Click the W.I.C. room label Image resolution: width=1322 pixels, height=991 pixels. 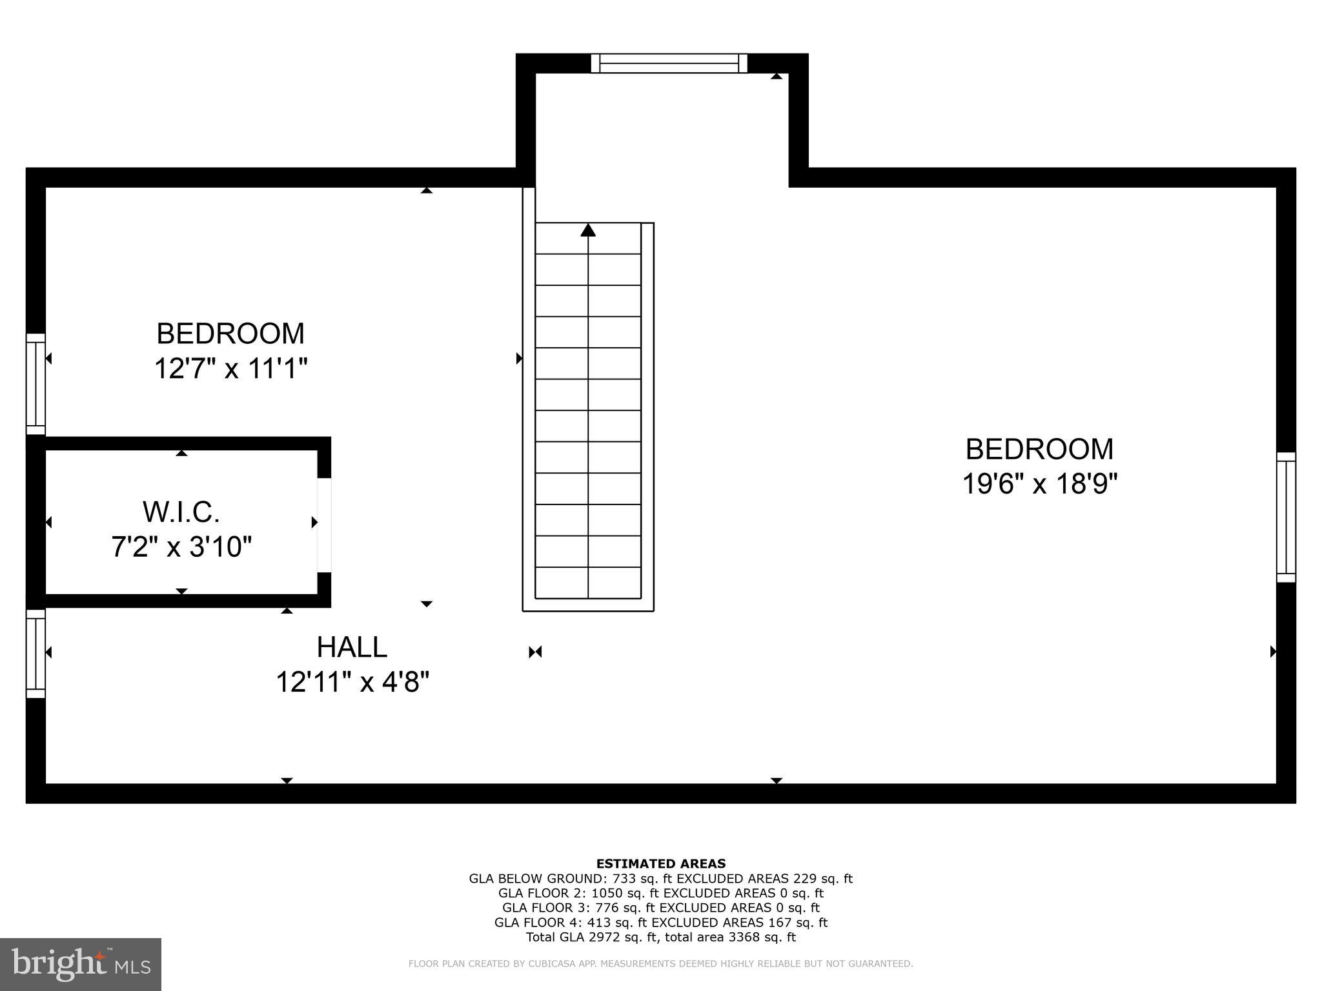[181, 512]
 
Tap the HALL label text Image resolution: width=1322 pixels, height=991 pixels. [352, 647]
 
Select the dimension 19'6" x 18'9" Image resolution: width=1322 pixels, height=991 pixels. [1039, 483]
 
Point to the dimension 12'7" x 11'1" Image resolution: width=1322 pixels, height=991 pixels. [230, 369]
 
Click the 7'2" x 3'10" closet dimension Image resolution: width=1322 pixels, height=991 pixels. [181, 547]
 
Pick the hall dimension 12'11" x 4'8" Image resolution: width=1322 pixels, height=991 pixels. [352, 682]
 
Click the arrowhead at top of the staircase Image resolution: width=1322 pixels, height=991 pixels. [587, 230]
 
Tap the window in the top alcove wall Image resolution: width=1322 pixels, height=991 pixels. [669, 63]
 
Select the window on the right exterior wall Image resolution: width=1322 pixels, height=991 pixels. [1286, 517]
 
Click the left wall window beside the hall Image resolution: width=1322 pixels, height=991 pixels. [36, 654]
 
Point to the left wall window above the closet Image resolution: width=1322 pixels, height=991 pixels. [36, 385]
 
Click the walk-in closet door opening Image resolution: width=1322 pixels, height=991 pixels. [324, 525]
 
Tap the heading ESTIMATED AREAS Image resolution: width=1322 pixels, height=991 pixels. [660, 863]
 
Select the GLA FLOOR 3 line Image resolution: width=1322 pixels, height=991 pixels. [660, 908]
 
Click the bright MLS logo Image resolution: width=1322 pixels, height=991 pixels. [81, 964]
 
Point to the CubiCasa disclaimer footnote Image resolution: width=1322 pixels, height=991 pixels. [660, 964]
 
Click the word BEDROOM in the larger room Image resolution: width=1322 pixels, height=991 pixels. [1039, 449]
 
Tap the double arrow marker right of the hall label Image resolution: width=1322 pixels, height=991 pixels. [535, 652]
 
